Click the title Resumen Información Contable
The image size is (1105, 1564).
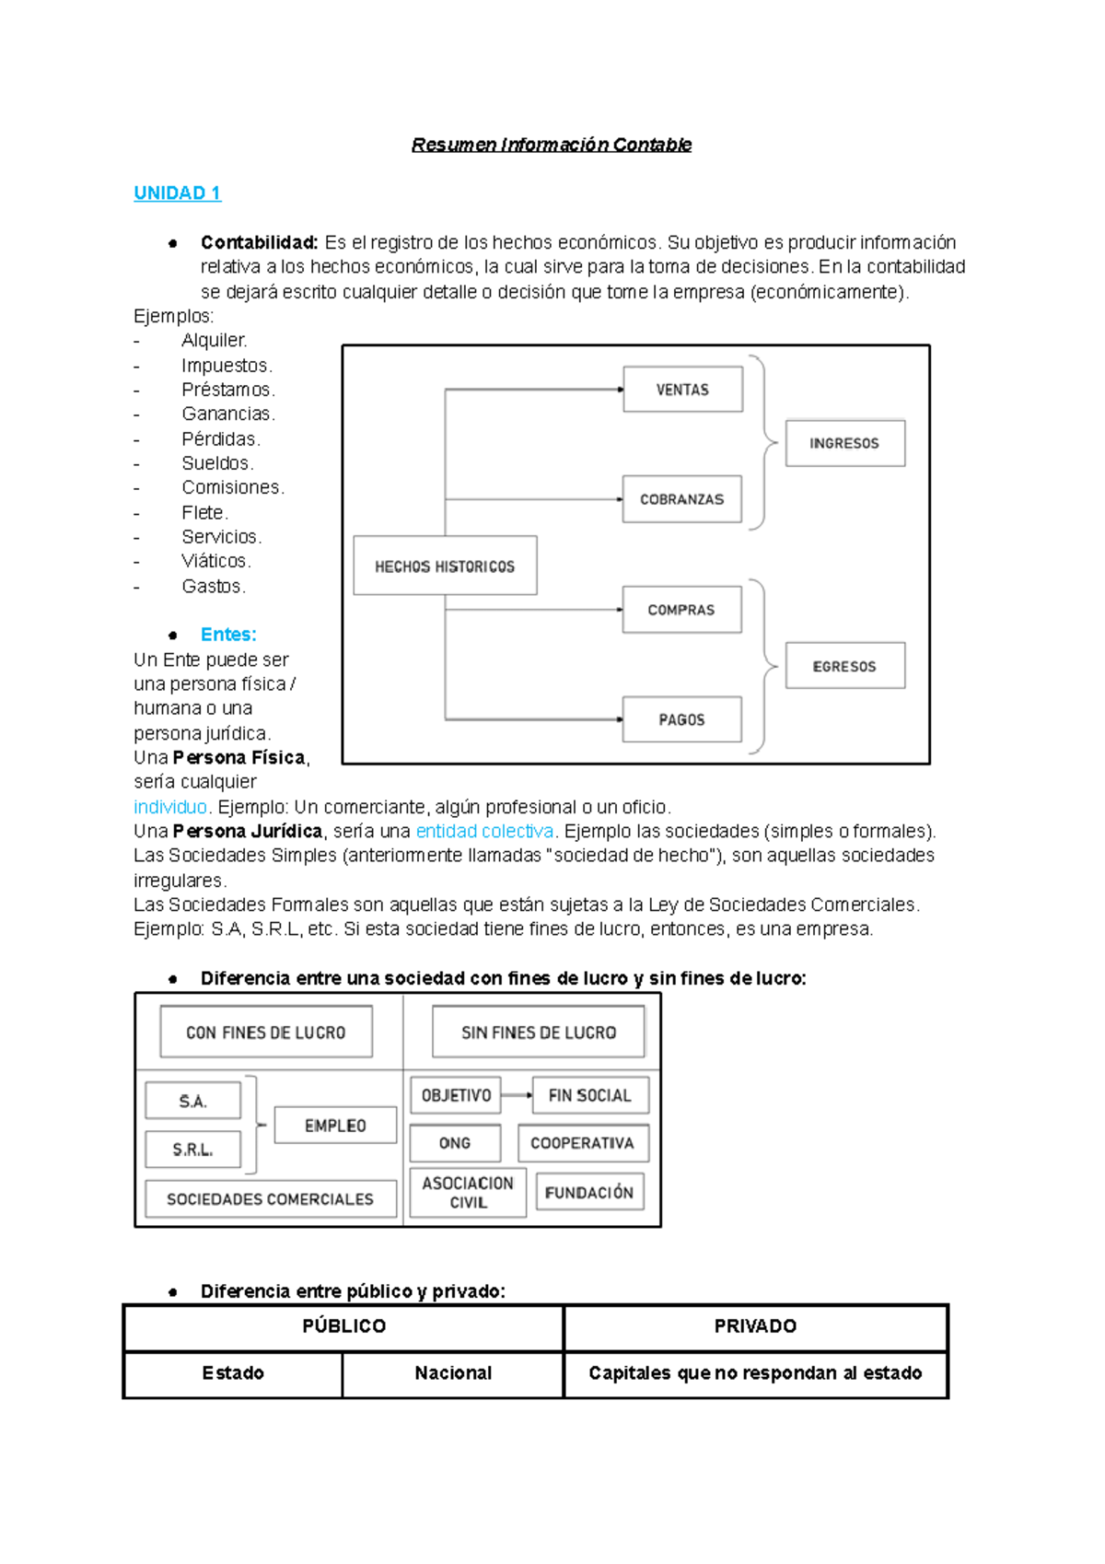(551, 145)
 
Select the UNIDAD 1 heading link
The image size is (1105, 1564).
(177, 193)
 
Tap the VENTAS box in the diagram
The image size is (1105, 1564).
(682, 390)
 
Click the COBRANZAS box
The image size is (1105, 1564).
(681, 499)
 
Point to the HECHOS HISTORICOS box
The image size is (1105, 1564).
(445, 566)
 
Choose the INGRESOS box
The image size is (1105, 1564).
(844, 443)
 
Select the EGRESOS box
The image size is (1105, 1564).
(844, 666)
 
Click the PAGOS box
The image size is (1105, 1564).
(681, 719)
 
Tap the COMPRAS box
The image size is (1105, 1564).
(681, 610)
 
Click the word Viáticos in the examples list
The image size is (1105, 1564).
(215, 561)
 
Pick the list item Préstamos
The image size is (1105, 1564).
(227, 390)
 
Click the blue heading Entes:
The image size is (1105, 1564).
(228, 635)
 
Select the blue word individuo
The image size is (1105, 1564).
(170, 807)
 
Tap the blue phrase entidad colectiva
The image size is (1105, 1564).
(484, 831)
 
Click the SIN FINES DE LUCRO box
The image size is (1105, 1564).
(539, 1033)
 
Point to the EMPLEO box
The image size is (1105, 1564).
(335, 1126)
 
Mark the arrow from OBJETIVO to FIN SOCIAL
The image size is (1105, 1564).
(517, 1095)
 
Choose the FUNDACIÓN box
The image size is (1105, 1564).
(589, 1192)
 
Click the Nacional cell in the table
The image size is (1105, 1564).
(453, 1373)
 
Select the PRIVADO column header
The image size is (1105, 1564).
(755, 1326)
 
